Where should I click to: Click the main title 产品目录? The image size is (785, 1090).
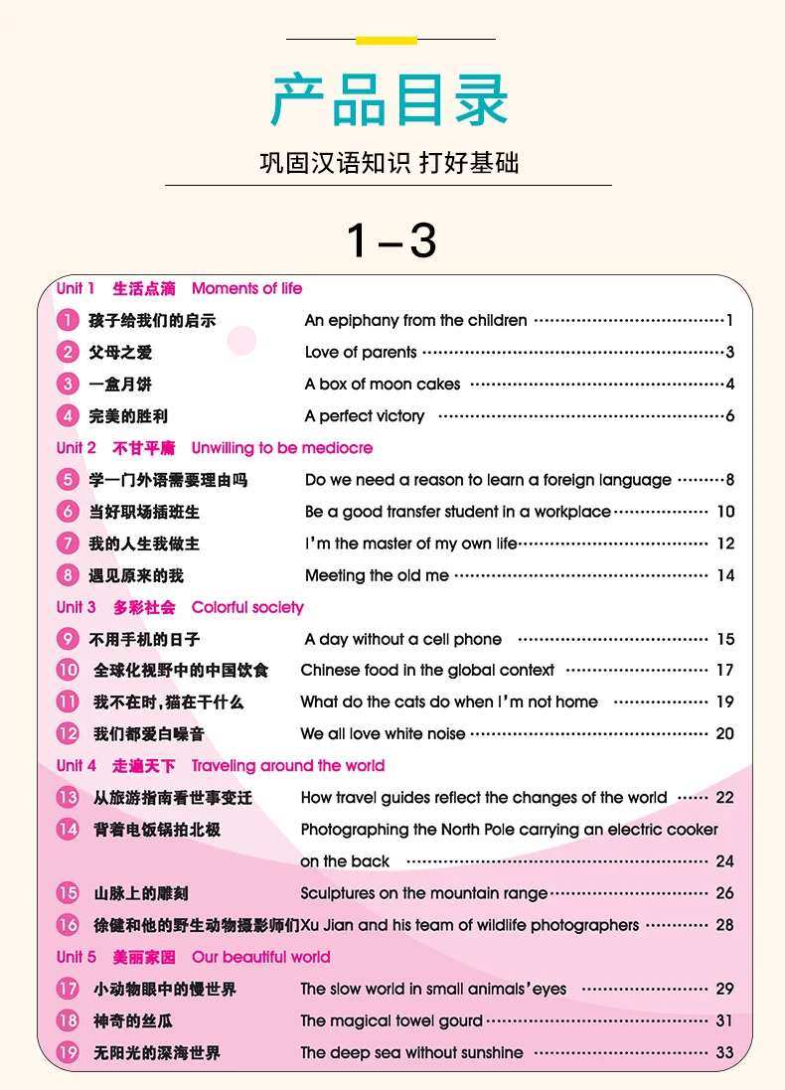point(391,98)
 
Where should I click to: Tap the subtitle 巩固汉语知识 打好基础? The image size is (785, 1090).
point(389,163)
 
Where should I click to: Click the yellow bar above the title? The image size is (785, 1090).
point(386,41)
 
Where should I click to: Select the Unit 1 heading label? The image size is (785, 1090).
point(76,288)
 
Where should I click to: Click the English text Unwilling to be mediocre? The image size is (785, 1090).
point(282,448)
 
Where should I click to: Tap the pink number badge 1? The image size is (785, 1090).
point(68,320)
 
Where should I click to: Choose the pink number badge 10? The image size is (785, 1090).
point(68,670)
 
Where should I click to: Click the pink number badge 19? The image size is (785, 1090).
point(68,1052)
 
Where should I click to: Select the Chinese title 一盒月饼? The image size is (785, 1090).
point(120,385)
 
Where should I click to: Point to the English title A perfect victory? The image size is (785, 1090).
point(365,416)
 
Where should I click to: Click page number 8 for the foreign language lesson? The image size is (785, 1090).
point(729,480)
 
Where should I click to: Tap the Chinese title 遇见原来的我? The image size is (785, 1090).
point(136,575)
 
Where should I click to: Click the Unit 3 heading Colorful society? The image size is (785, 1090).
point(247,607)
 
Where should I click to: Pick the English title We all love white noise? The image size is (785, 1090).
point(383,733)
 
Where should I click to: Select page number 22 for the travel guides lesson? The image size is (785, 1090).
point(724,797)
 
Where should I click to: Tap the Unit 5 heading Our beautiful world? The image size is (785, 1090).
point(260,957)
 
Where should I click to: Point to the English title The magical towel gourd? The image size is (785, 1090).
point(392,1020)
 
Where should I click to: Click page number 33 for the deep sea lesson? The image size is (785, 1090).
point(724,1052)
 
